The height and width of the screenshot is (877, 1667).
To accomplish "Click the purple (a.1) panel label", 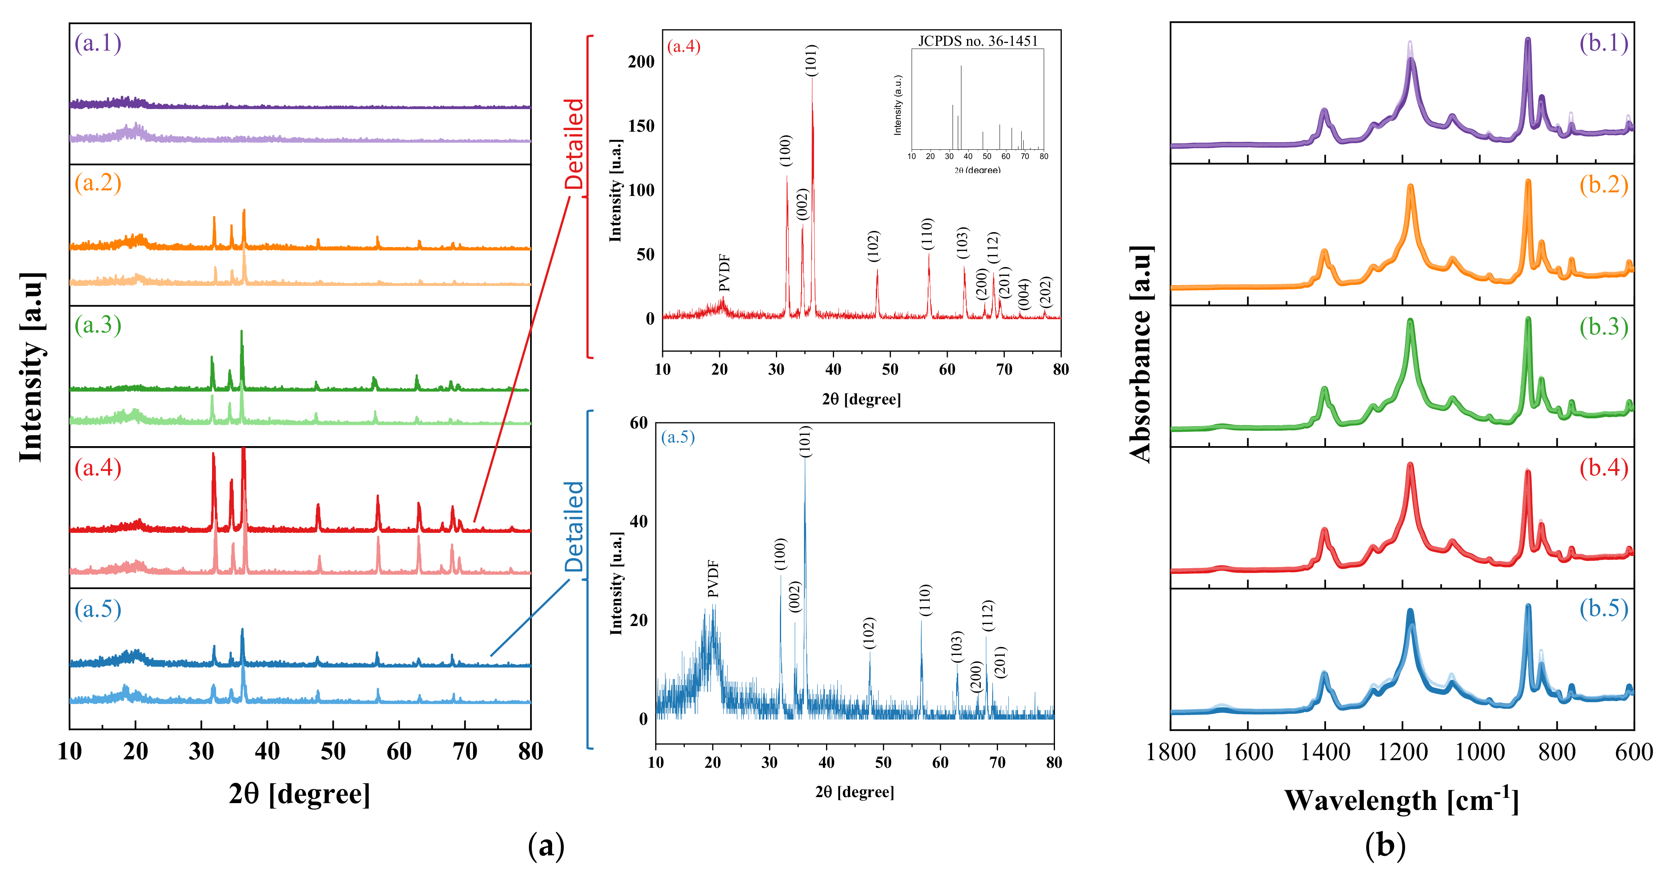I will [98, 43].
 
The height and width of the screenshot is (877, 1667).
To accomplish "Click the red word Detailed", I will [574, 144].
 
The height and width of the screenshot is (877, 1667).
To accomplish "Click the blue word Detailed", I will [574, 526].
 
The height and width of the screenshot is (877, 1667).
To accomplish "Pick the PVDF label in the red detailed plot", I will [724, 273].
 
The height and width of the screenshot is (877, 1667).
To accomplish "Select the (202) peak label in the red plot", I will [1045, 292].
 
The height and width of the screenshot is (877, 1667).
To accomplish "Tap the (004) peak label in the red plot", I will [1024, 294].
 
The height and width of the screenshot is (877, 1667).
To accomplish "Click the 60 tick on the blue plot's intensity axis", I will [638, 423].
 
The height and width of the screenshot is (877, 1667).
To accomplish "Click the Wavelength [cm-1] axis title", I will [1401, 800].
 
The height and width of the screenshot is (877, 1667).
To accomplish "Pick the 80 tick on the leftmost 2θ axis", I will [531, 751].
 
